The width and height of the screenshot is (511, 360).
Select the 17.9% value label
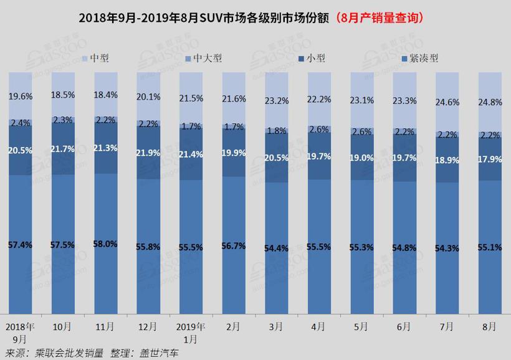[490, 158]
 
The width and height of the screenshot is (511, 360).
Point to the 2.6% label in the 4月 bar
[319, 130]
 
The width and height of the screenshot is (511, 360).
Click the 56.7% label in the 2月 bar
[234, 246]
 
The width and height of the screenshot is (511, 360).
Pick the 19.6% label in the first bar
[21, 97]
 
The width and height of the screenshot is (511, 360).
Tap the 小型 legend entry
[311, 58]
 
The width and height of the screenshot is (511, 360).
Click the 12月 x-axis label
[148, 326]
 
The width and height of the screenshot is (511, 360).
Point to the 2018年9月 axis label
[21, 333]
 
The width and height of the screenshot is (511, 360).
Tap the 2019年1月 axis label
[191, 333]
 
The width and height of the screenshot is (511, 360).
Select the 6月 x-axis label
[404, 326]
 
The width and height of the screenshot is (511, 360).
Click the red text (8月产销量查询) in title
[380, 18]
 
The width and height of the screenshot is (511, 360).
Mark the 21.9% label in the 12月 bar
[148, 153]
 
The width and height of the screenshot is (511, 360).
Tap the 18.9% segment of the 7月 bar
[447, 160]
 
